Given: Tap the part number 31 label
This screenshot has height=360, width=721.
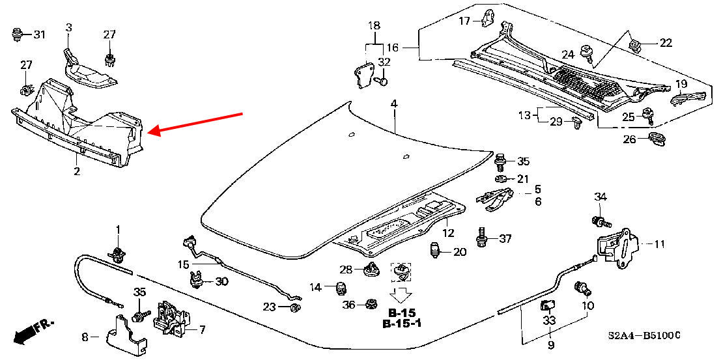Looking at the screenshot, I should [40, 35].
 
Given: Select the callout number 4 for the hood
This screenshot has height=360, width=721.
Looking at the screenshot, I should [394, 104].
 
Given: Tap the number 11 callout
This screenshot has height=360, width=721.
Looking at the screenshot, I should [660, 245].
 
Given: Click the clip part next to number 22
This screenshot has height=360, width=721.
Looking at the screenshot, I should [636, 43].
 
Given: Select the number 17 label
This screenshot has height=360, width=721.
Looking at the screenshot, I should [464, 21].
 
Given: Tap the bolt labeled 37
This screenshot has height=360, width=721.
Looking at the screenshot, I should [482, 238].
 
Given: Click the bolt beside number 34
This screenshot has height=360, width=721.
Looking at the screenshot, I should [596, 220].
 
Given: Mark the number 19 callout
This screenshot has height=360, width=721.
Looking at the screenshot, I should [681, 84].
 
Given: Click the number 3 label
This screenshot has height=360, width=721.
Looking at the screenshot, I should [69, 27].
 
